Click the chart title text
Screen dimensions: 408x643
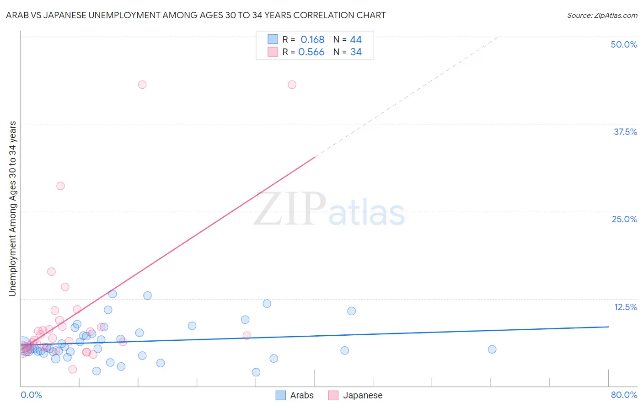pyautogui.click(x=196, y=15)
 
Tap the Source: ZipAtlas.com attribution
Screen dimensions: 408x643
pyautogui.click(x=602, y=15)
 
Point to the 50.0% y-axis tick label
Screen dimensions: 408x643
pyautogui.click(x=624, y=44)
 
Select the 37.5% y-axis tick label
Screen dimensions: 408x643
pyautogui.click(x=625, y=132)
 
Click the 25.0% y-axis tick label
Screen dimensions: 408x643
pyautogui.click(x=624, y=219)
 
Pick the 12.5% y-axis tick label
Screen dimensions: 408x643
pyautogui.click(x=625, y=307)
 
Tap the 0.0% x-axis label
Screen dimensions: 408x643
pyautogui.click(x=31, y=395)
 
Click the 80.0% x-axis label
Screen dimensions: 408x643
pyautogui.click(x=624, y=395)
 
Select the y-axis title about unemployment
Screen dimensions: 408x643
pyautogui.click(x=12, y=209)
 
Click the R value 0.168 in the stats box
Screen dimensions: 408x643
pyautogui.click(x=312, y=40)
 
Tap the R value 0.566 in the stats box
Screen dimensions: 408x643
pyautogui.click(x=311, y=52)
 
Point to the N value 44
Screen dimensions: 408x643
pyautogui.click(x=356, y=40)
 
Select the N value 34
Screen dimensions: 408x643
pyautogui.click(x=356, y=52)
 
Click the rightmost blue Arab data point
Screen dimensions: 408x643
pyautogui.click(x=492, y=349)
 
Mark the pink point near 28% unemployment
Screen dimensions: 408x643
pyautogui.click(x=60, y=186)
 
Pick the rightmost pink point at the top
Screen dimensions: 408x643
pyautogui.click(x=292, y=85)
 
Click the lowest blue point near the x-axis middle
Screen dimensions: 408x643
pyautogui.click(x=256, y=372)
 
